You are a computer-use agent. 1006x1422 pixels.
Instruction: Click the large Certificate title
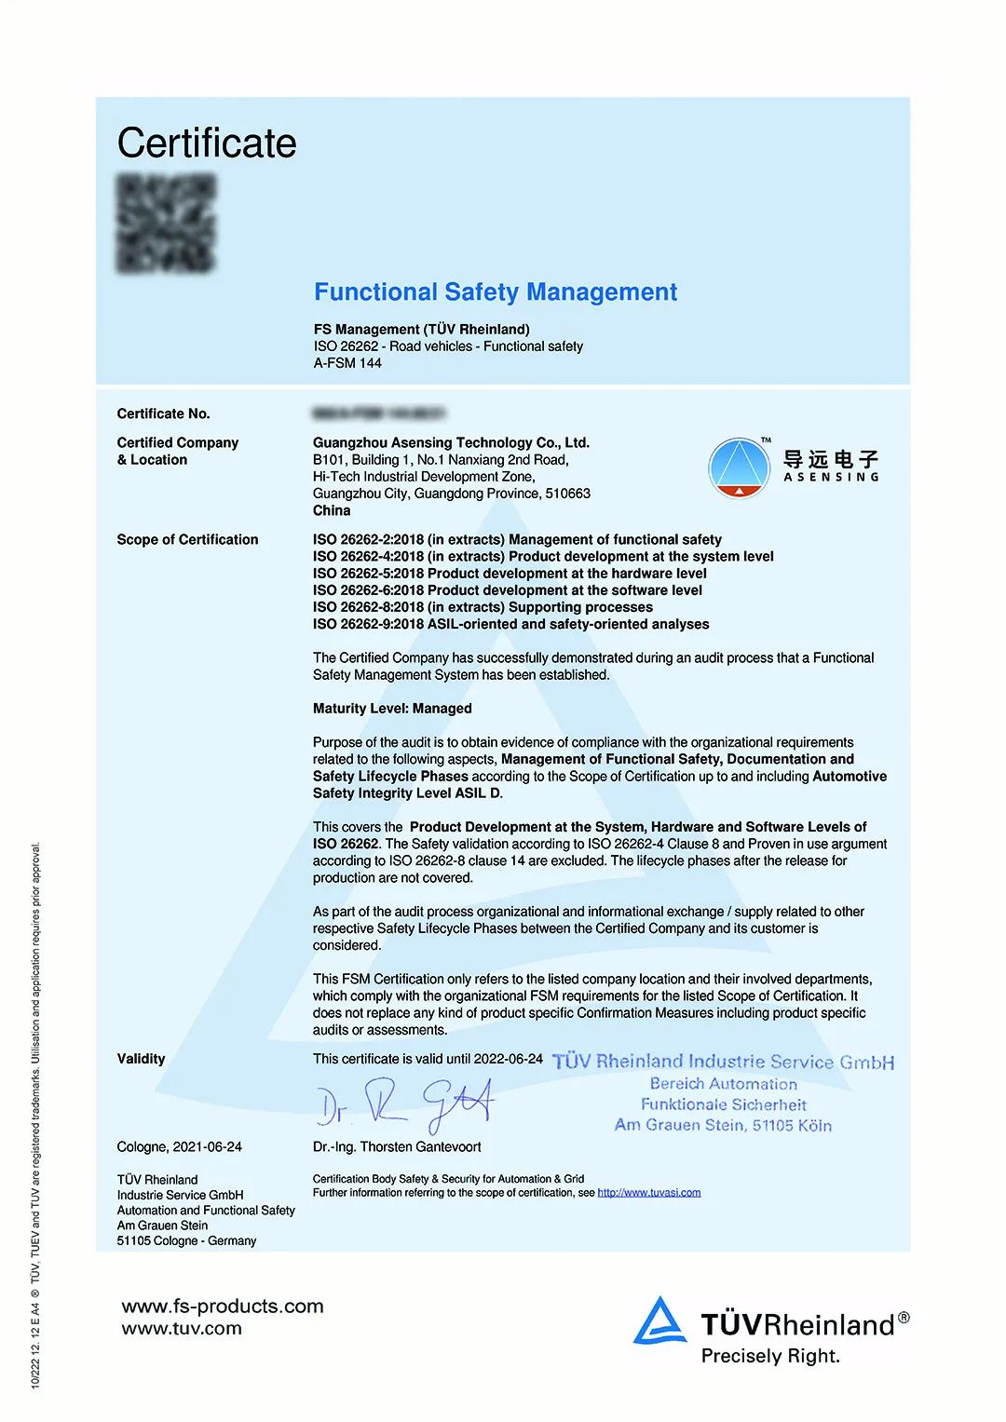[207, 143]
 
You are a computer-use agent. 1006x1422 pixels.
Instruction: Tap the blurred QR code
[167, 223]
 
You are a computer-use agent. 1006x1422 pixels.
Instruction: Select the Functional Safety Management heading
[495, 292]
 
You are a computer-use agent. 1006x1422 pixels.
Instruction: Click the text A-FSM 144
[347, 363]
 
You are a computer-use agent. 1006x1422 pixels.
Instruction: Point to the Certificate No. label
[163, 413]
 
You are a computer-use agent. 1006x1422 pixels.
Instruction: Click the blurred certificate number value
[378, 413]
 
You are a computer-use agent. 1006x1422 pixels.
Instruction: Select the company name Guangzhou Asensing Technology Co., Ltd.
[451, 442]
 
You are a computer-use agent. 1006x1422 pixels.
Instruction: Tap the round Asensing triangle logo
[739, 467]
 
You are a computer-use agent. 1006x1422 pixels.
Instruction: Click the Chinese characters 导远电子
[830, 459]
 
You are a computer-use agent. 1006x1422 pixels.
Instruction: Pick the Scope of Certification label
[187, 539]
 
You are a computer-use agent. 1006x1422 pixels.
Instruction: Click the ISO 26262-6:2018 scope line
[507, 590]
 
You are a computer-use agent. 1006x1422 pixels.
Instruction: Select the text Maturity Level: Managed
[392, 709]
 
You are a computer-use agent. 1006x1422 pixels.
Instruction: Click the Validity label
[141, 1059]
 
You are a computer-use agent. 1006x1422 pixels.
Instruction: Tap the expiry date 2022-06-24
[508, 1059]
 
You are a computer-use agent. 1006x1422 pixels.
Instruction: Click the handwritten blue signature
[404, 1105]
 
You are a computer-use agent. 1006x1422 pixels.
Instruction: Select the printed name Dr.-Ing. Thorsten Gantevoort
[397, 1147]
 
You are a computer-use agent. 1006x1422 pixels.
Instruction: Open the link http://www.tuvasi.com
[648, 1193]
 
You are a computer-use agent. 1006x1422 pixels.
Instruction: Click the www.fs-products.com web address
[223, 1307]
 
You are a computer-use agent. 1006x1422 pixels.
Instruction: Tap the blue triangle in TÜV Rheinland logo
[659, 1321]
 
